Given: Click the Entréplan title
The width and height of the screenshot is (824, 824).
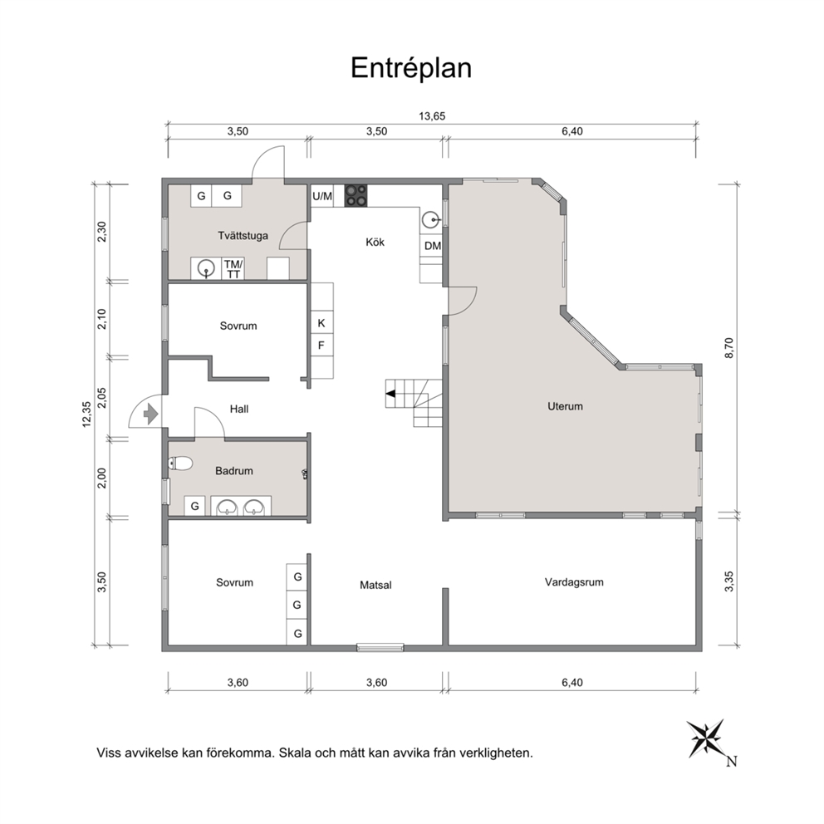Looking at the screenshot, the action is tap(411, 68).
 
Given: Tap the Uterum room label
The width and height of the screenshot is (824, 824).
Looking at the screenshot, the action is tap(565, 406).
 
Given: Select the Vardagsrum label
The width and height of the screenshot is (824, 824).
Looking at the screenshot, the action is tap(574, 582).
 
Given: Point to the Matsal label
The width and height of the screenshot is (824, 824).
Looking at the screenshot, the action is tap(375, 585).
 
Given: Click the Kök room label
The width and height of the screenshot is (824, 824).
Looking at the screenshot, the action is tap(375, 243).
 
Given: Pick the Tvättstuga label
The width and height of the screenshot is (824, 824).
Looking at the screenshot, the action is tap(243, 235).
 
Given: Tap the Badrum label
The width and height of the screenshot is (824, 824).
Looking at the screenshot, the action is tap(234, 471).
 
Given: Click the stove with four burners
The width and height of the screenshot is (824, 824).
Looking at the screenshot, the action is tap(356, 195).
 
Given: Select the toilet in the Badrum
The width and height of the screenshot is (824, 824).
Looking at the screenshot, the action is tap(180, 463).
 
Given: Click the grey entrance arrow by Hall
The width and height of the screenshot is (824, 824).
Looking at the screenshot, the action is tap(151, 414).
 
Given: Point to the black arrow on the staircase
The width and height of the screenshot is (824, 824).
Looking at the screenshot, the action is tap(390, 394).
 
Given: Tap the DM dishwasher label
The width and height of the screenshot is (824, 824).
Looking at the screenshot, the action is tap(433, 245).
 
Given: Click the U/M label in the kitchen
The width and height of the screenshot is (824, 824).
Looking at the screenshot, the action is tap(322, 196).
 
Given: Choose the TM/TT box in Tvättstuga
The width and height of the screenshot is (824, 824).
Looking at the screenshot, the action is tap(233, 268).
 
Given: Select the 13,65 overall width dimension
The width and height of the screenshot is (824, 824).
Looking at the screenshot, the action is tap(432, 116).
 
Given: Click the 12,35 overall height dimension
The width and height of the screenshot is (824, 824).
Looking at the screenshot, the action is tap(87, 414).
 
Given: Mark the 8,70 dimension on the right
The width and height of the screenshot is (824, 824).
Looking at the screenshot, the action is tap(728, 348).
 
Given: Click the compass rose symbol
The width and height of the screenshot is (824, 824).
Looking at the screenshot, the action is tap(706, 739).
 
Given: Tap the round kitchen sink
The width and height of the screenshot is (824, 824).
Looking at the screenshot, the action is tap(431, 219).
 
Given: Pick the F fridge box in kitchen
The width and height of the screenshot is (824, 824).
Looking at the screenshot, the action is tap(321, 346).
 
